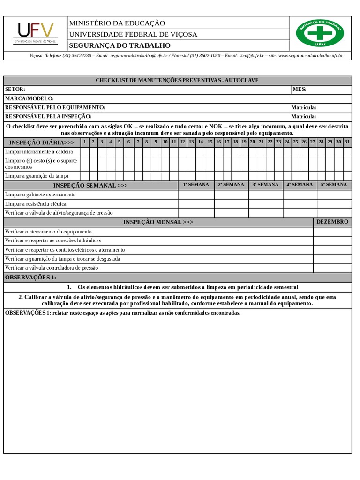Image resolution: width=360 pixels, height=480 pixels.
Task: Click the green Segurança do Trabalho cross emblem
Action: [320, 33]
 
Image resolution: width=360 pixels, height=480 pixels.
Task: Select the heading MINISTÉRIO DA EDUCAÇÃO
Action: [117, 23]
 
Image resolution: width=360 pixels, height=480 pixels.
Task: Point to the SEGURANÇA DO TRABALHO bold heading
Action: [120, 45]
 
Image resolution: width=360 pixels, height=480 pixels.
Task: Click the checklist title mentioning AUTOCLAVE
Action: [177, 80]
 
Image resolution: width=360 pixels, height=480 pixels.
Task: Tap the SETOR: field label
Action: [15, 90]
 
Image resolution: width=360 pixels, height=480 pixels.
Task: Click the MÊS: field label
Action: [300, 90]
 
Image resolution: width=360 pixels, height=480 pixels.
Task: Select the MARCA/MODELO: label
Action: [30, 98]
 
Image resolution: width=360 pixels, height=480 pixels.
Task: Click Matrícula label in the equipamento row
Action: [304, 108]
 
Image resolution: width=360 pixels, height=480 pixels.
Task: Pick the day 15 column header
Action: [210, 142]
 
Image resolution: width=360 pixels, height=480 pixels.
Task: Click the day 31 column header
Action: [347, 142]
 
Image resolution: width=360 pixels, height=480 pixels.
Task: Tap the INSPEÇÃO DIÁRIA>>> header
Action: [42, 142]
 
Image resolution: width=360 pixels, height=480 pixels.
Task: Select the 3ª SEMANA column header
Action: [265, 185]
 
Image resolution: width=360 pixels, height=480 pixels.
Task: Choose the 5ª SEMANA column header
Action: [334, 185]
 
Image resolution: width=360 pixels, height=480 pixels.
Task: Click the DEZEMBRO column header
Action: [332, 222]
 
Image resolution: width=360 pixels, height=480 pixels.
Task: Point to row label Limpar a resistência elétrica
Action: [36, 204]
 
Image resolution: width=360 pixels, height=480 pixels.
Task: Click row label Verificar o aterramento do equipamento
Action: [48, 232]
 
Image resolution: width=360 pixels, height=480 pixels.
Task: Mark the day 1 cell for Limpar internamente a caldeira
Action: [84, 152]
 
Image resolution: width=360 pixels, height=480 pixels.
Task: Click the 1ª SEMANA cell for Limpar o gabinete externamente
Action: [196, 195]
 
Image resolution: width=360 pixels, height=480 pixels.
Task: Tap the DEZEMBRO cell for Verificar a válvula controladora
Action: [332, 268]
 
